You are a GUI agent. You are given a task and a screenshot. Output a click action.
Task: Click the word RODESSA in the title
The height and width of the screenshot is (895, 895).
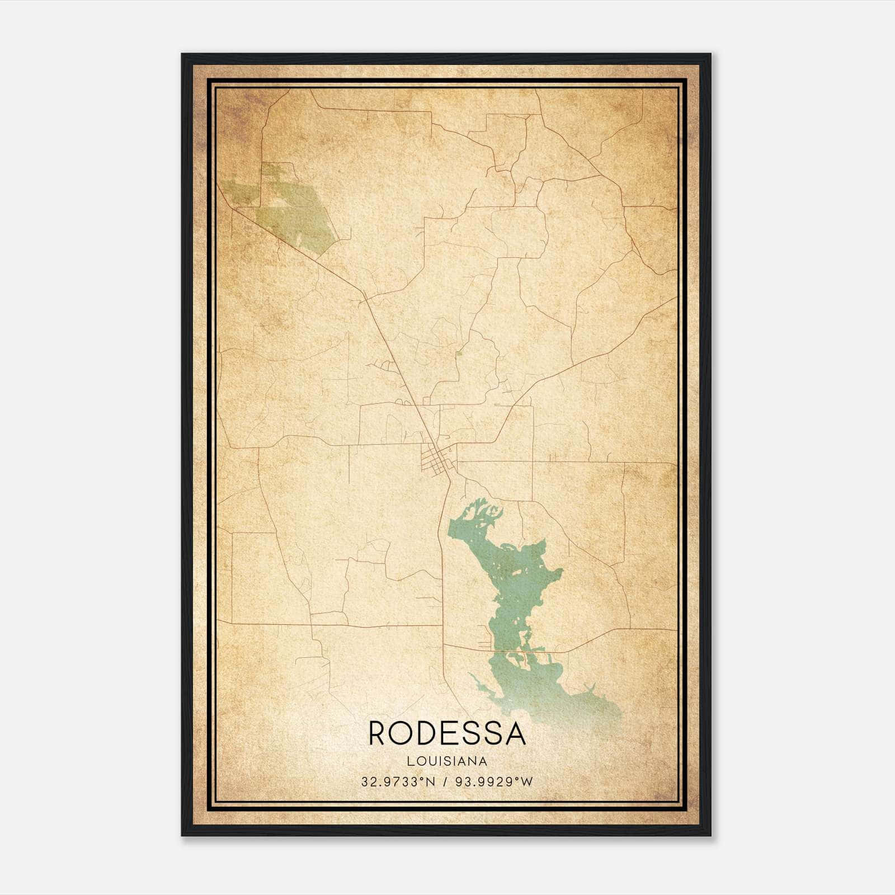pos(447,734)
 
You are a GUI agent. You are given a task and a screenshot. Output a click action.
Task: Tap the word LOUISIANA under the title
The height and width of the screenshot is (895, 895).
pos(447,761)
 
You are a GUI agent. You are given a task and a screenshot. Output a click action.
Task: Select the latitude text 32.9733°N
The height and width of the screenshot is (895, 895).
pos(397,781)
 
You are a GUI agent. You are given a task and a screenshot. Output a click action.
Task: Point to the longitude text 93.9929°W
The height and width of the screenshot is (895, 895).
pos(496,781)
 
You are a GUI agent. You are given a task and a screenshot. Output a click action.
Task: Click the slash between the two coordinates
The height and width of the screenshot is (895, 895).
pos(446,781)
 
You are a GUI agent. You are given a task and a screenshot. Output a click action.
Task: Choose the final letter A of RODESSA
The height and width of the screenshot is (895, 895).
pos(515,734)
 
